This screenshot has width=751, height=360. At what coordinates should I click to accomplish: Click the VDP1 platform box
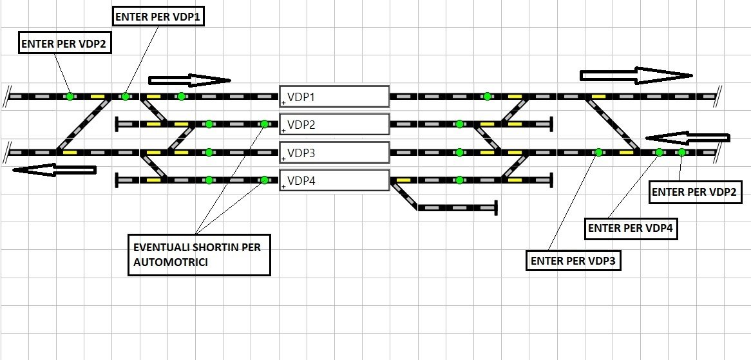pos(334,97)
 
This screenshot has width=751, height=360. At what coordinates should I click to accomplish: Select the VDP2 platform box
pos(334,124)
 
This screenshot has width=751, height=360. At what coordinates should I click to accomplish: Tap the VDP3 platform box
pos(334,153)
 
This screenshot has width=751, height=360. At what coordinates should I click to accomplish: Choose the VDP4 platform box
pos(334,180)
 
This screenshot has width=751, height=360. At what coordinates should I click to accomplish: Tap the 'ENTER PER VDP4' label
pos(632,227)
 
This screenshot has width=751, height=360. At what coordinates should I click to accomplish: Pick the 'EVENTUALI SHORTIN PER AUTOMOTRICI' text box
pos(199,254)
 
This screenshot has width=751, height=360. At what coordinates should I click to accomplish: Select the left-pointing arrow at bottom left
pos(54,170)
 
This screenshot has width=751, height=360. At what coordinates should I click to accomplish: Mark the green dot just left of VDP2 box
pos(264,124)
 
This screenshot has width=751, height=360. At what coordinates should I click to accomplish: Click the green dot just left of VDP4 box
pos(264,180)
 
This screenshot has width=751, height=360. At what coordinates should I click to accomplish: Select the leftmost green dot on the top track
pos(70,97)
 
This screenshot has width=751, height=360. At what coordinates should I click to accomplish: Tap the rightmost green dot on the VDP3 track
pos(681,153)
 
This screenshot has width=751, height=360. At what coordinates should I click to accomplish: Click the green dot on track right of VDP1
pos(487,97)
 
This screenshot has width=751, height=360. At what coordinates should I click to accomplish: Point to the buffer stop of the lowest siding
pos(496,207)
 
